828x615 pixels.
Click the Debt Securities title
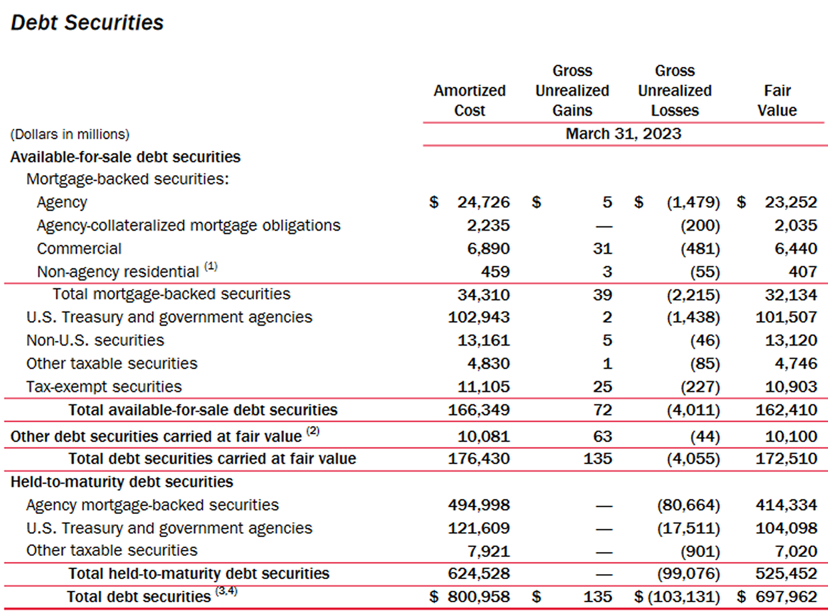coord(87,23)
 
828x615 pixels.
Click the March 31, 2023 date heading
coord(623,134)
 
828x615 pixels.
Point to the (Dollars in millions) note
coord(70,134)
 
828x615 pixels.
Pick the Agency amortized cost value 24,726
coord(483,202)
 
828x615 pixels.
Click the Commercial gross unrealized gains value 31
coord(602,248)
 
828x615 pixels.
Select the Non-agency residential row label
coord(118,272)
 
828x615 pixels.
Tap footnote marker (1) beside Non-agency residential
coord(211,267)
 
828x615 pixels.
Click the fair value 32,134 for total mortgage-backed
coord(790,295)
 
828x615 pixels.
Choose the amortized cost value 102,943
coord(479,317)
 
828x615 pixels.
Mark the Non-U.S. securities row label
coord(95,340)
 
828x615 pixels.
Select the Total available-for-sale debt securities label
coord(203,410)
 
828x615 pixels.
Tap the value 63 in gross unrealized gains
coord(602,436)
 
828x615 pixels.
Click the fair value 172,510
coord(786,458)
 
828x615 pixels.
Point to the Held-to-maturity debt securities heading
coord(121,481)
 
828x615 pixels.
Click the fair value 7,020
coord(795,551)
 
